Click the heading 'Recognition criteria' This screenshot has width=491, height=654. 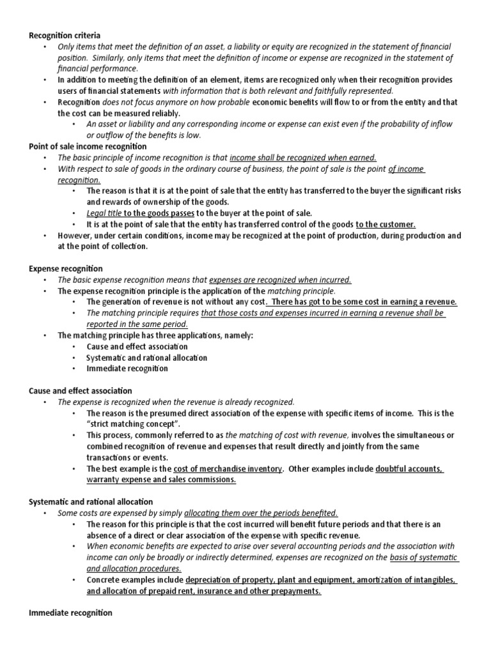click(x=65, y=35)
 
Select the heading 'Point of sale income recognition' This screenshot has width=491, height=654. click(x=88, y=146)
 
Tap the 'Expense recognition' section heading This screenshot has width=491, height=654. click(x=66, y=269)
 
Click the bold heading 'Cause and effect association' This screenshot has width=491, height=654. click(x=81, y=390)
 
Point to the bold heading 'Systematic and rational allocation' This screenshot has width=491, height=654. click(x=91, y=502)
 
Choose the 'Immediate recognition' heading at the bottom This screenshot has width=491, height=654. click(x=70, y=613)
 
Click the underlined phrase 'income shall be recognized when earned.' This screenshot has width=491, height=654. click(x=302, y=158)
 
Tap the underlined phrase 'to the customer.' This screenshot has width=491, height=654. click(x=386, y=224)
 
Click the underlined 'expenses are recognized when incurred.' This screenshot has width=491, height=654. click(x=280, y=280)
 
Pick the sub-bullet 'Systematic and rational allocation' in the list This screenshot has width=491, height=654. click(x=146, y=358)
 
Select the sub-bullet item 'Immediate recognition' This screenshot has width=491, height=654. click(x=127, y=369)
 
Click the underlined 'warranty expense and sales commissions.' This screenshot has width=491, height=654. click(x=161, y=480)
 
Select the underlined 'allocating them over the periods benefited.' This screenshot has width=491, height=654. click(x=261, y=513)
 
